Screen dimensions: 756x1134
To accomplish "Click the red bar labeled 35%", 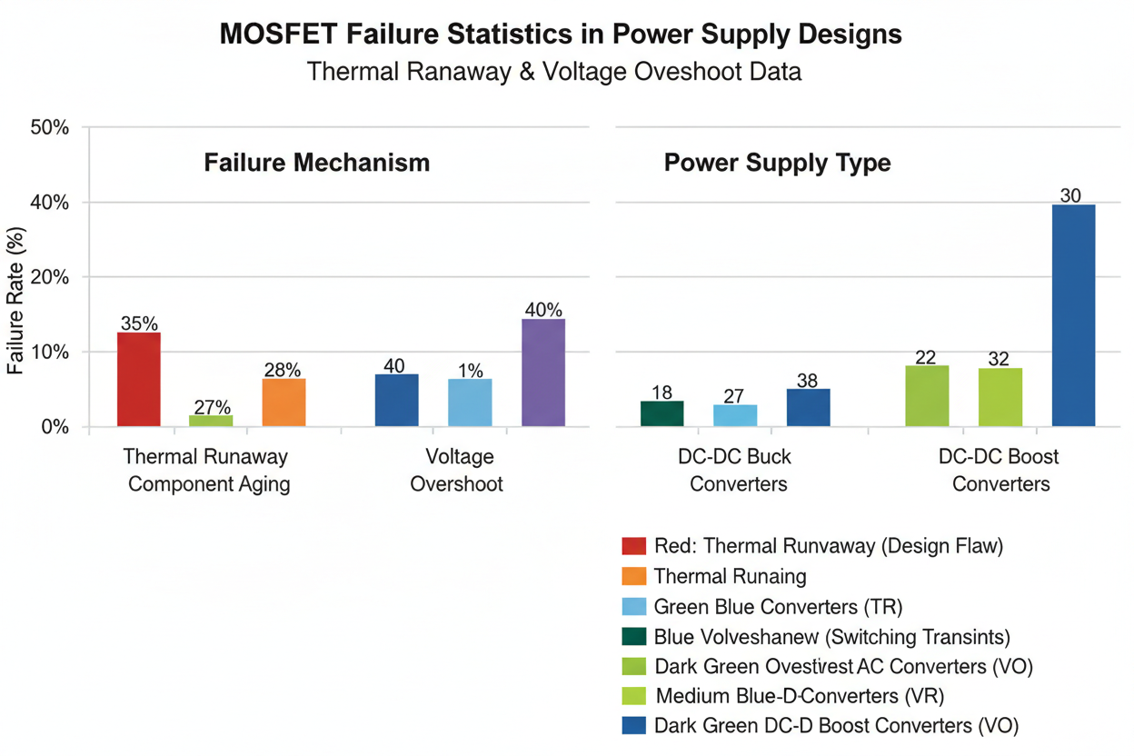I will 139,379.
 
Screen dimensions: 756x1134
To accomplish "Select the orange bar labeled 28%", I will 283,403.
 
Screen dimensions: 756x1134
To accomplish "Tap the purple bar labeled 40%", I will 543,373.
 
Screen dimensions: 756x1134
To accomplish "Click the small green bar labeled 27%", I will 211,421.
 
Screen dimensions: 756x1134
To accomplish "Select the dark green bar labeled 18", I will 661,413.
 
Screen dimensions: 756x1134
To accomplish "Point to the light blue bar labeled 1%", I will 470,403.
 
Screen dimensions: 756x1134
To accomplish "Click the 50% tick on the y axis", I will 50,127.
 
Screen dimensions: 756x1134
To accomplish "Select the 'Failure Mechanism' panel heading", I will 316,163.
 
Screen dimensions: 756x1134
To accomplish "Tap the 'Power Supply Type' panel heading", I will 777,163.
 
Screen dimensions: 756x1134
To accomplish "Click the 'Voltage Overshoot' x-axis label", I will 456,470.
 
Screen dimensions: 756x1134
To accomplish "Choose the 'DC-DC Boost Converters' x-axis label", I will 1000,470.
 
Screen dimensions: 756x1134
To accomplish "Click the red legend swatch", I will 633,546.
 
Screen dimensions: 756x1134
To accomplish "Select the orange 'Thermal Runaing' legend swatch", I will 633,576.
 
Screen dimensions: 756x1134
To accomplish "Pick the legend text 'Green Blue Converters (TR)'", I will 778,606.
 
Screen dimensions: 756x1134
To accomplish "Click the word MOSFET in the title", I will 278,35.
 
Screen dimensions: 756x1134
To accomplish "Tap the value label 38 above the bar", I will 807,381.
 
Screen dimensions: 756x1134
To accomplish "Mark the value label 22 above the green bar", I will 926,357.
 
